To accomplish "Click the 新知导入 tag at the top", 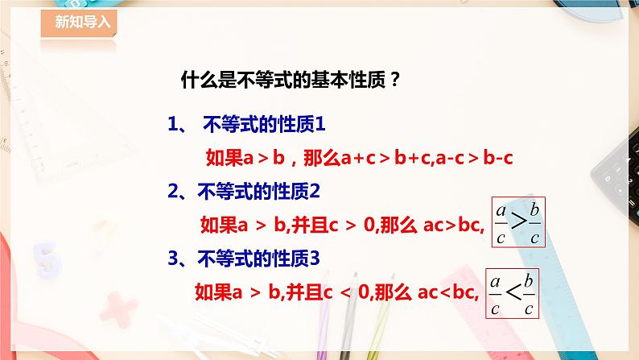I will pos(78,23).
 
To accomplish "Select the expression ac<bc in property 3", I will pos(447,292).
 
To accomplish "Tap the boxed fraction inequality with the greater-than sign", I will pos(518,222).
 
